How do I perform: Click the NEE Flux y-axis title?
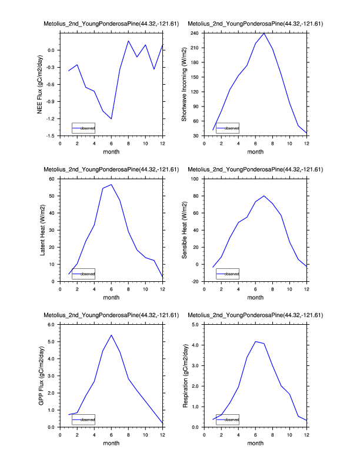(41, 84)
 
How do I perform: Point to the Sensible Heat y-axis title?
(184, 230)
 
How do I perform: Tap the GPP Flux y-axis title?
(41, 375)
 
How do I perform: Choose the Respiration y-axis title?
(184, 375)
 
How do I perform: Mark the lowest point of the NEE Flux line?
(111, 119)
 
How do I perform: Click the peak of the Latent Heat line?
(111, 184)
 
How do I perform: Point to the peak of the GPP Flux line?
(111, 335)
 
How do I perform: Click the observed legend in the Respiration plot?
(228, 420)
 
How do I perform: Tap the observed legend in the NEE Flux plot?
(83, 128)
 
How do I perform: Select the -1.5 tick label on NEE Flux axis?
(51, 136)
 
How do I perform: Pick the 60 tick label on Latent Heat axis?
(53, 179)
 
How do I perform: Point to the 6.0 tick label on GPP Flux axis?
(52, 325)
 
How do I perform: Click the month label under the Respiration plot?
(255, 443)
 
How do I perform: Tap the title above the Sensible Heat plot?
(255, 169)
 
